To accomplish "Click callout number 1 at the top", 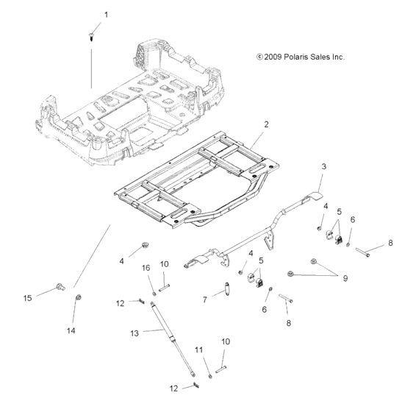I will tap(105, 15).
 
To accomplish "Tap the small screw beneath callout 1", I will tap(92, 35).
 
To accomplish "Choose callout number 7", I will tap(205, 300).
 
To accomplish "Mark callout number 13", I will tap(134, 333).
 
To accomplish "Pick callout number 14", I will tap(71, 330).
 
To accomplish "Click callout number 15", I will tap(27, 298).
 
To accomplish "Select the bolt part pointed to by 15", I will tap(60, 285).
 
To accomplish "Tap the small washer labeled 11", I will tap(209, 376).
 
